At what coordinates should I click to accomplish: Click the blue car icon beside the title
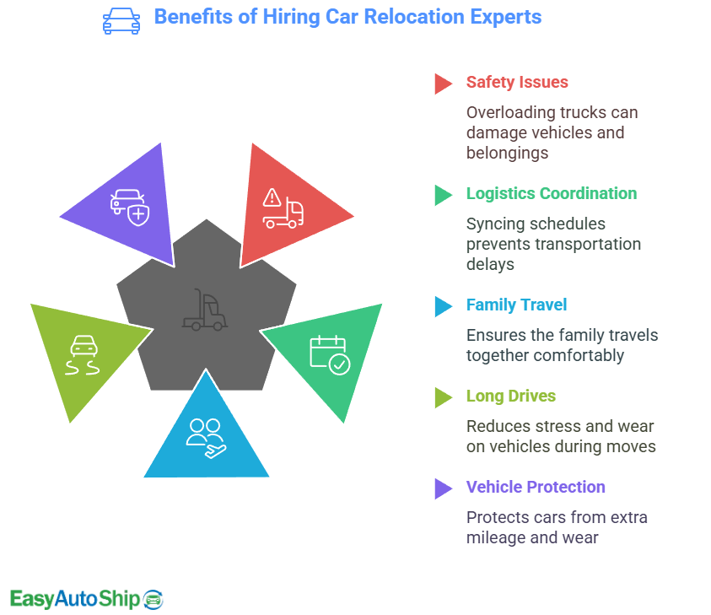click(121, 19)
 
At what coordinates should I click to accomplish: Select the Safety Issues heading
click(516, 83)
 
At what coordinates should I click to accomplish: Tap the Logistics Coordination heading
click(551, 194)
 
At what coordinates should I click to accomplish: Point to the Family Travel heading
click(516, 305)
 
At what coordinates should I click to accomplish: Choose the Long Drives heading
click(510, 397)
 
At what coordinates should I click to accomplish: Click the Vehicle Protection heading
click(536, 488)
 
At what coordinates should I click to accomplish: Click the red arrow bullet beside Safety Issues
click(443, 84)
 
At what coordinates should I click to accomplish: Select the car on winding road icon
click(82, 358)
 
